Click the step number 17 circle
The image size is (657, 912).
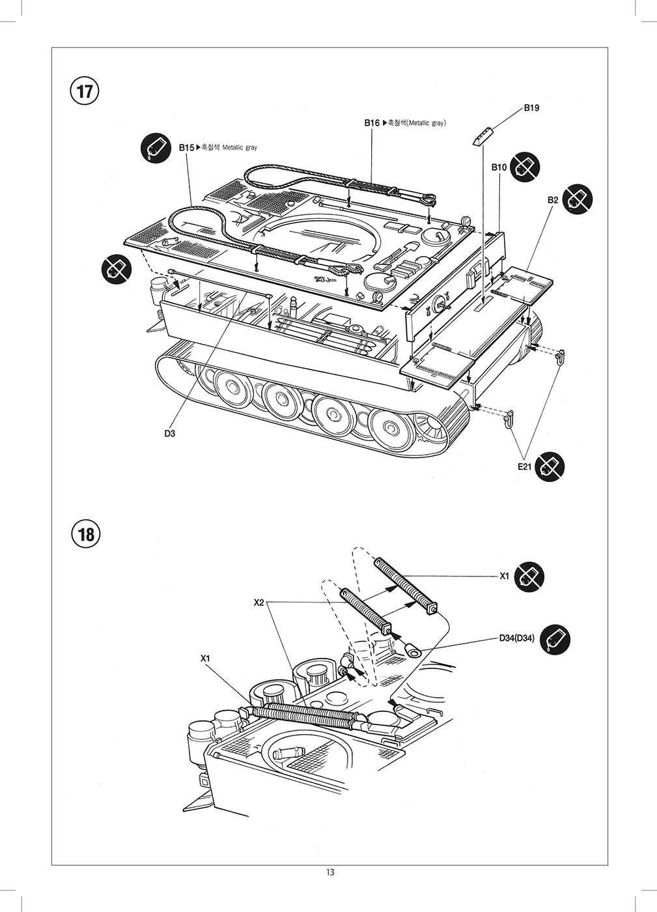(85, 91)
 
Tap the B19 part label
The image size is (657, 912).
(531, 108)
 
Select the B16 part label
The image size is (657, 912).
(372, 122)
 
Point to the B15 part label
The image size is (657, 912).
(186, 148)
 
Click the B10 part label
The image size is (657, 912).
(499, 167)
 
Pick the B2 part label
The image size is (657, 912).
(552, 200)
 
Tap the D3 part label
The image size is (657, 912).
(170, 433)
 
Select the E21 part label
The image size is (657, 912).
(525, 466)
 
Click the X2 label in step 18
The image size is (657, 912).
(259, 603)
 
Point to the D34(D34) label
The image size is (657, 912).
(517, 638)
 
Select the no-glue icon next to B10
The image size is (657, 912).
(523, 167)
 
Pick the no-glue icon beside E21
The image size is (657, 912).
(551, 466)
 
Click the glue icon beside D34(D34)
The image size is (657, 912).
(557, 638)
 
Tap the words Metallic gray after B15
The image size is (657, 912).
(240, 148)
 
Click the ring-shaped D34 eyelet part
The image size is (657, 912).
(411, 649)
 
